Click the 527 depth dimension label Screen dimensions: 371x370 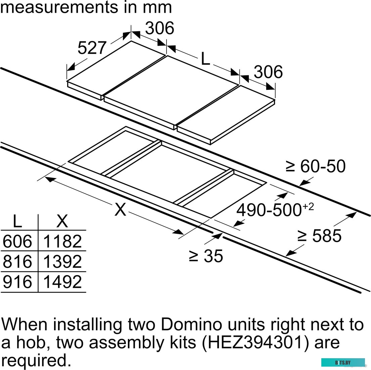[92, 48]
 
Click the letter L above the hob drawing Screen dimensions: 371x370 [205, 59]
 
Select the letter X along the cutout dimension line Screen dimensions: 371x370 [120, 209]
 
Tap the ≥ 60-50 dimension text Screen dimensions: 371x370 [316, 166]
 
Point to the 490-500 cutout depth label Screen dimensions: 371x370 [275, 210]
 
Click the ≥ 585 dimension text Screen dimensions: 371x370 [319, 235]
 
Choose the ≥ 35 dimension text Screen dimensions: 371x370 [206, 256]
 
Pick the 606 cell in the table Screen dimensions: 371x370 [17, 241]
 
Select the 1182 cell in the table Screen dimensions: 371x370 [62, 241]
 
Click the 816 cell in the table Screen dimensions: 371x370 [17, 261]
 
